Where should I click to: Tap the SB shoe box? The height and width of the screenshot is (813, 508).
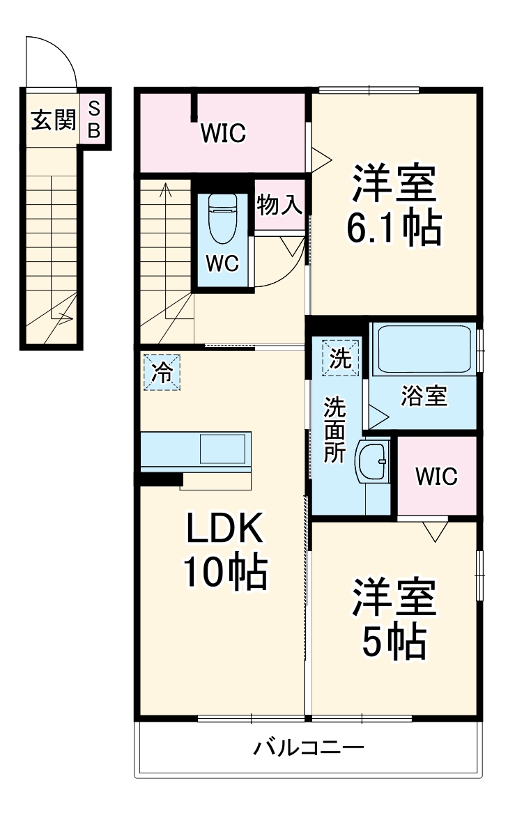coord(95,119)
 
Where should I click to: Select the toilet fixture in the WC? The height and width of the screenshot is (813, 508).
coord(222,217)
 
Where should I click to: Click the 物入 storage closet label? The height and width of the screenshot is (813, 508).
coord(279,206)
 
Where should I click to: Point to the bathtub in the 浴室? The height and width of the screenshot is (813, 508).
coord(423,349)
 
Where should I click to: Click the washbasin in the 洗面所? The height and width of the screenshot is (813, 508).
coord(373,460)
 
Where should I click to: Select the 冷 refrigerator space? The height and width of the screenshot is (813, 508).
coord(162,372)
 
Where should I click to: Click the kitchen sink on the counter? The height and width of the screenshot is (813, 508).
coord(223,449)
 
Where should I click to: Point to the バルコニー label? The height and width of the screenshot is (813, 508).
coord(308,749)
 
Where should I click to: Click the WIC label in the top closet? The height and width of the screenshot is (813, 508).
coord(223,132)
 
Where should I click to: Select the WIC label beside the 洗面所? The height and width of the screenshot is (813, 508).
coord(436,477)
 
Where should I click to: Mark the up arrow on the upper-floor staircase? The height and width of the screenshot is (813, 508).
coord(166,189)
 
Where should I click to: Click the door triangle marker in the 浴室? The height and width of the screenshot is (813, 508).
coord(377,417)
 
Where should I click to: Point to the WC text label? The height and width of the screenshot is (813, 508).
coord(222,264)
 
